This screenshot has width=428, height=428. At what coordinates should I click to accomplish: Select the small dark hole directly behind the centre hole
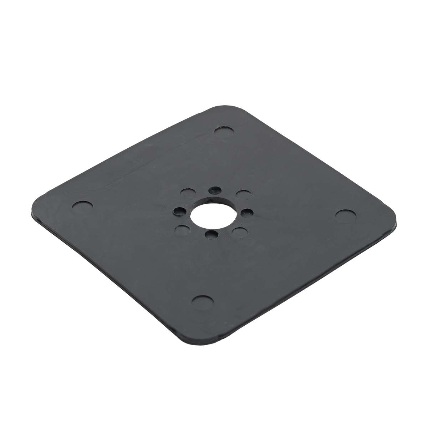coord(214,190)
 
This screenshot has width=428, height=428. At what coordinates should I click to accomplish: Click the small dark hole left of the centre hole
coord(179,211)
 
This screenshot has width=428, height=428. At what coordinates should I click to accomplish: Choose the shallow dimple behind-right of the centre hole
coord(243,194)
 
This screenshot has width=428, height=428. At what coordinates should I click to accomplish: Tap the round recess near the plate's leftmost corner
coord(82,207)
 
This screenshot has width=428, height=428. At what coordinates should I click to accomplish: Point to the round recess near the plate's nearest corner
coord(202,301)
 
